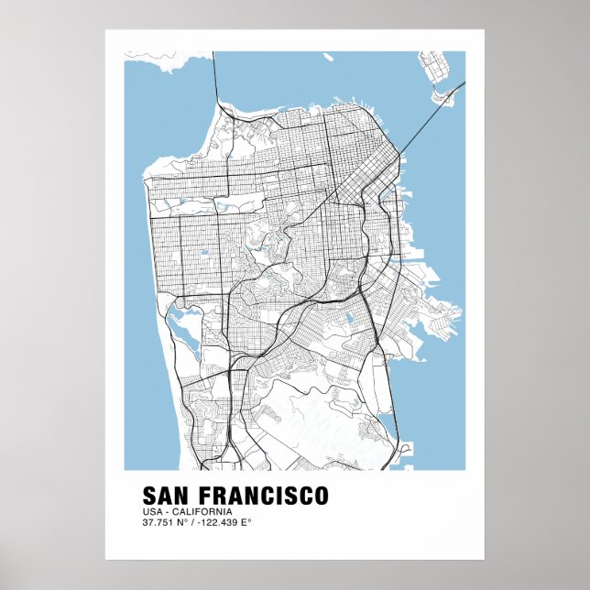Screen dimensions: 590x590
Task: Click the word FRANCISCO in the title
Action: (266, 496)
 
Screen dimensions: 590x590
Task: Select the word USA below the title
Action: (152, 511)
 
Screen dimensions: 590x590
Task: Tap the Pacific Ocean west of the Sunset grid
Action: (134, 257)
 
